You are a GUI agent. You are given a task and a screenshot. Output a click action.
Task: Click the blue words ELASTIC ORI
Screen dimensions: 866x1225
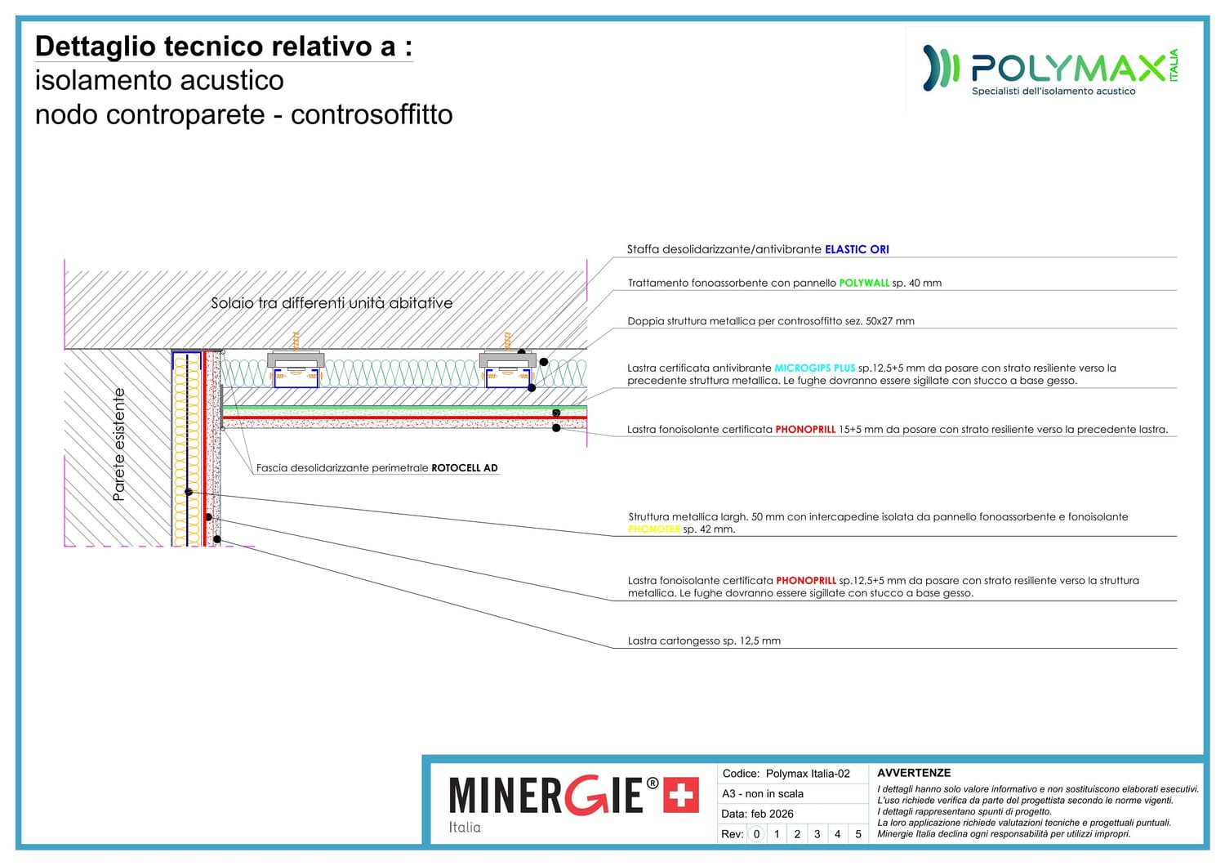[x=857, y=249]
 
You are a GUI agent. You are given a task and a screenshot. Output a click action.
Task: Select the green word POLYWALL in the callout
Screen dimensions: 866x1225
[x=864, y=283]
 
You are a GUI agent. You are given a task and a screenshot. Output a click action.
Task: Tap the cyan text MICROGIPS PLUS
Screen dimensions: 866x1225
[x=814, y=368]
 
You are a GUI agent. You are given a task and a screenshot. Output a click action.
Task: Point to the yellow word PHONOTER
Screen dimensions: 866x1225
[x=653, y=529]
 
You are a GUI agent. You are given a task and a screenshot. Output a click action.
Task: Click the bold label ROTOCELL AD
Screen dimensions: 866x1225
[x=464, y=468]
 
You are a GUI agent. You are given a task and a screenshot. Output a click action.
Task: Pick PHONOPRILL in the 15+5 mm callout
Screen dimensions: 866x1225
[x=805, y=429]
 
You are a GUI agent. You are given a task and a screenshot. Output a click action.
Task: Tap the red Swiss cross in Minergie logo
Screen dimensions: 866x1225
[x=680, y=795]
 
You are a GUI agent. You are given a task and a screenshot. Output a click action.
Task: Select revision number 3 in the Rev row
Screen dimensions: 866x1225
[x=817, y=834]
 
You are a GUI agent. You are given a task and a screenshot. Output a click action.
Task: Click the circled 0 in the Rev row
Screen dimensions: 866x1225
[x=756, y=834]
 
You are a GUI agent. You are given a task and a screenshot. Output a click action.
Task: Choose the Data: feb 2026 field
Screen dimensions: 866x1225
[x=757, y=814]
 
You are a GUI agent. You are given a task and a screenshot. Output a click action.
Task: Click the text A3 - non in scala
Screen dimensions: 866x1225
[x=762, y=793]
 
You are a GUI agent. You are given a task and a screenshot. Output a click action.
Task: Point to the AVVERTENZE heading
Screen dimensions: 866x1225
[x=913, y=773]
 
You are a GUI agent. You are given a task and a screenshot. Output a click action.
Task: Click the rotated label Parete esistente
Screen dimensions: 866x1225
[x=119, y=444]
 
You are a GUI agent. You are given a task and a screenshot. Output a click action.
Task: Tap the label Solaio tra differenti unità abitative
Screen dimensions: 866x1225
[x=332, y=303]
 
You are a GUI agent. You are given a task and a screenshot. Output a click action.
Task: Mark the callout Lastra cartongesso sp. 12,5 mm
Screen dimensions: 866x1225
[x=704, y=641]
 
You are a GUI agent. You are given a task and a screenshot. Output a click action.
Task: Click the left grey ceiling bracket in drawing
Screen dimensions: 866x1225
[x=296, y=359]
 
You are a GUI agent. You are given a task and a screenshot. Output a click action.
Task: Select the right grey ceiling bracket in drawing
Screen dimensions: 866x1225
[x=507, y=359]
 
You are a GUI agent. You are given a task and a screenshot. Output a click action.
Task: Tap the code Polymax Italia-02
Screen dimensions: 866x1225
[x=808, y=774]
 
